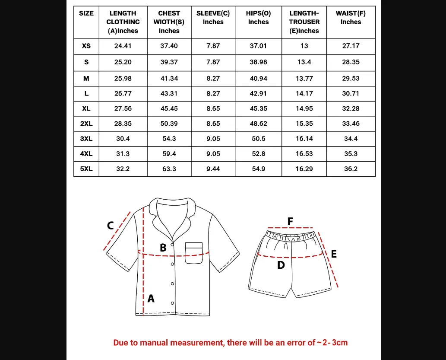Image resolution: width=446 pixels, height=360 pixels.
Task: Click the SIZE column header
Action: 86,13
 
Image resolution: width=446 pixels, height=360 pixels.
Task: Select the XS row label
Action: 86,46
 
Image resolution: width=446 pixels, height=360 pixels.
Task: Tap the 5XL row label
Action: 86,169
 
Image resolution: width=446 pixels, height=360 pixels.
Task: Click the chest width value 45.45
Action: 169,108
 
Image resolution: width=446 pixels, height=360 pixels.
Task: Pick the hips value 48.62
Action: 258,124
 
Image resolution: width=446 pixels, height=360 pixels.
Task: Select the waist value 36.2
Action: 351,169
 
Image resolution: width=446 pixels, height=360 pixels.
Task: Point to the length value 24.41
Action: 123,46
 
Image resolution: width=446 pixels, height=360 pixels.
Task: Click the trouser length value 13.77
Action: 304,79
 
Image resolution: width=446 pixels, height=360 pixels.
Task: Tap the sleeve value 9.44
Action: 213,169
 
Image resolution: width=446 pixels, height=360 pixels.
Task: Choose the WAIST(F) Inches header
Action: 351,18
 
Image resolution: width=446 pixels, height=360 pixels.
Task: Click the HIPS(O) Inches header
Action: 258,18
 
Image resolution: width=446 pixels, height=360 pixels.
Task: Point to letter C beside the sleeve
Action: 111,225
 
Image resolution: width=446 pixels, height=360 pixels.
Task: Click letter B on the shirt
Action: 163,248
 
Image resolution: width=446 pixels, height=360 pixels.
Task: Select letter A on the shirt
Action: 151,298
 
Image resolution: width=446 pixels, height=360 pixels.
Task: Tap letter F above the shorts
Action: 290,221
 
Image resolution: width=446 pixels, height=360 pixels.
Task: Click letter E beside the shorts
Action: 334,254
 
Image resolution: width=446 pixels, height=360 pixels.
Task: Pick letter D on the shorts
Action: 281,265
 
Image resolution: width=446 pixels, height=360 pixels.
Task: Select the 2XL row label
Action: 86,124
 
